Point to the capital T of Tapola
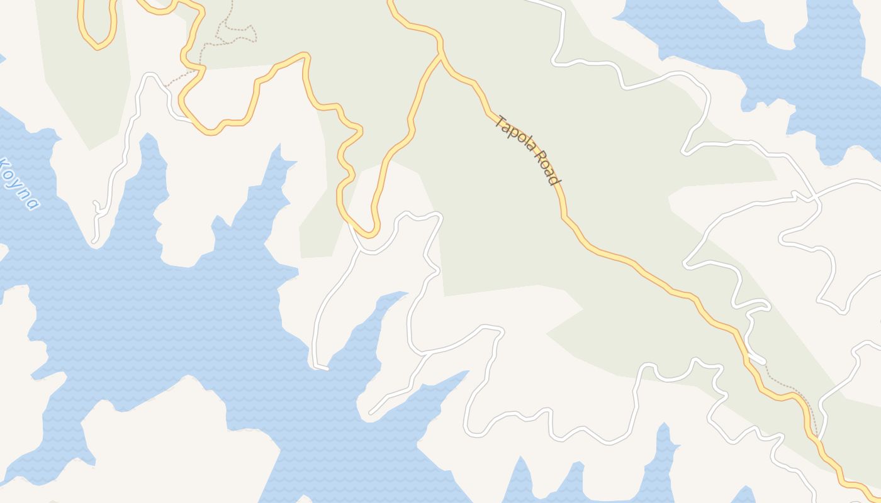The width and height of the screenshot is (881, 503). pyautogui.click(x=502, y=120)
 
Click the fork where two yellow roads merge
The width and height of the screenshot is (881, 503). pyautogui.click(x=441, y=55)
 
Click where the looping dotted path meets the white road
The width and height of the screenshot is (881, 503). pyautogui.click(x=166, y=86)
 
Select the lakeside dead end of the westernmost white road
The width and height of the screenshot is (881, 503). pyautogui.click(x=94, y=240)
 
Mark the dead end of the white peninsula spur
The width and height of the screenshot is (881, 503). pyautogui.click(x=371, y=413)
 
